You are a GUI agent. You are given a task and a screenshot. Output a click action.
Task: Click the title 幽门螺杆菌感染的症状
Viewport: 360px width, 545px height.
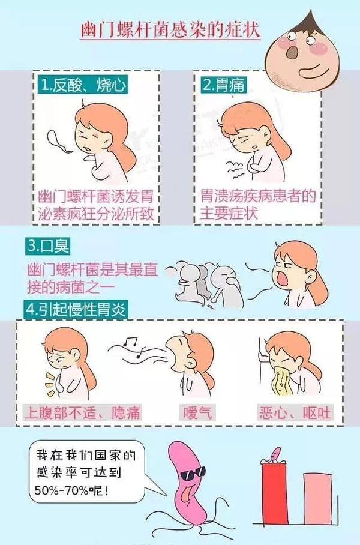tap(170, 31)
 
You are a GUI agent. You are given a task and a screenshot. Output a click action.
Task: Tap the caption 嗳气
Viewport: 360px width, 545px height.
tap(197, 412)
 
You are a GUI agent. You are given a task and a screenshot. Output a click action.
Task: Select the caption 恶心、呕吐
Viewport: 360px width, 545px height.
tap(294, 412)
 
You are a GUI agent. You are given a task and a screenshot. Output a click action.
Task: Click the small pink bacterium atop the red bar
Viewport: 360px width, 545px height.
tap(275, 453)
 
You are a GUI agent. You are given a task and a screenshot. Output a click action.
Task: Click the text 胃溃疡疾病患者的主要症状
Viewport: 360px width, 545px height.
tap(258, 203)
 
